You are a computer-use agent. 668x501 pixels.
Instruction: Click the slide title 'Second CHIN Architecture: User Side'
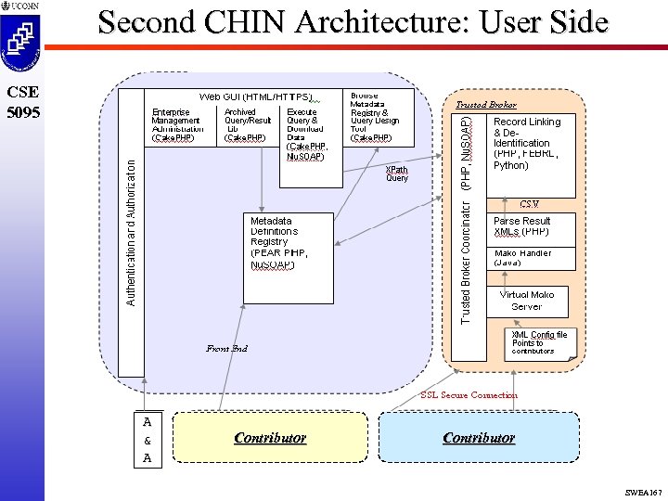(353, 22)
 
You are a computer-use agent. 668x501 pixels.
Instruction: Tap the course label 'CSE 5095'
(21, 101)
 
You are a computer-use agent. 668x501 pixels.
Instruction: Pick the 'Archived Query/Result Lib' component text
(247, 125)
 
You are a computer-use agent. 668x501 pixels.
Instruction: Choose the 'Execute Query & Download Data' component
(305, 134)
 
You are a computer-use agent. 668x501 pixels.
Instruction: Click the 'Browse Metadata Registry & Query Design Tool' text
(374, 117)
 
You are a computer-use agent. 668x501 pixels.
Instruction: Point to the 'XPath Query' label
(397, 173)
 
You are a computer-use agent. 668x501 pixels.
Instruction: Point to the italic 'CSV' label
(529, 203)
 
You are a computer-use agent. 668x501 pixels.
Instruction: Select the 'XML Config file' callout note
(543, 342)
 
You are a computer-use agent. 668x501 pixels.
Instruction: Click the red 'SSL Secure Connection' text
(469, 395)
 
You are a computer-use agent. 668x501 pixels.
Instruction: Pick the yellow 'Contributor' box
(269, 438)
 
